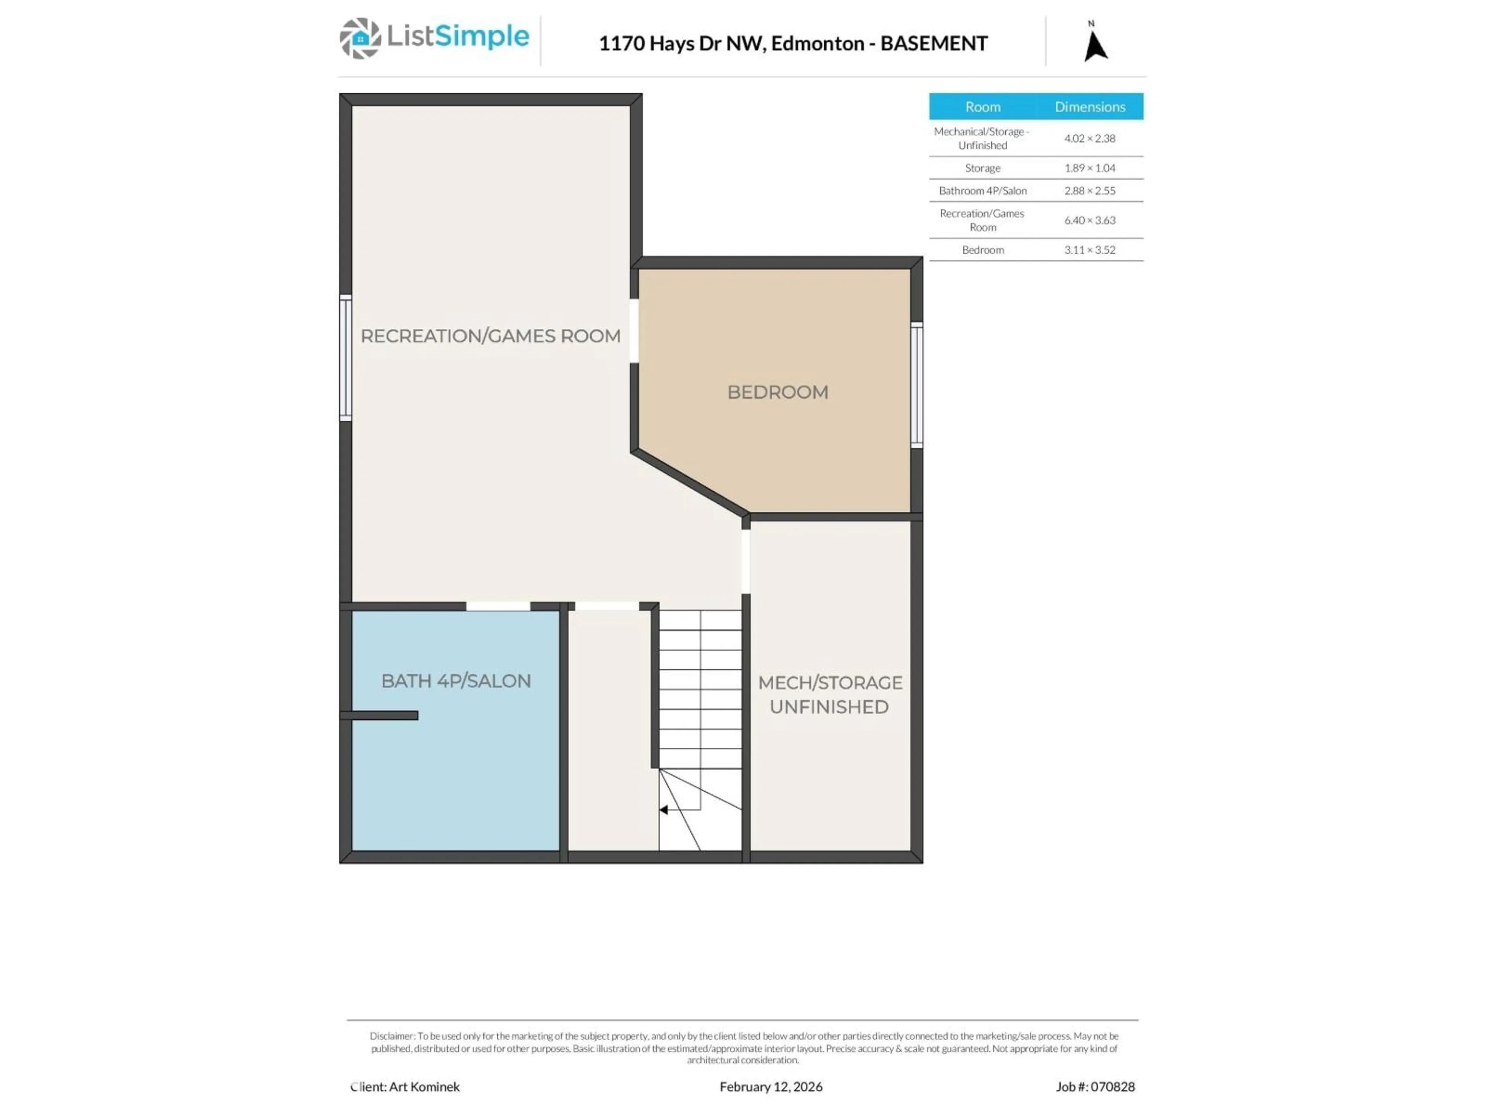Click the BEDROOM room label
(x=777, y=392)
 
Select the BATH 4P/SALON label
(x=455, y=681)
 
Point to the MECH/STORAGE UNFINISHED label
(x=830, y=694)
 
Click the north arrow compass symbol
(x=1095, y=45)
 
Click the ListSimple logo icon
(x=360, y=38)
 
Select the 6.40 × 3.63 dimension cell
(x=1089, y=220)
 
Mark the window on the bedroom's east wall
(x=916, y=384)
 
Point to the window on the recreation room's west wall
(x=345, y=358)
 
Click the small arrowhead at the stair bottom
(x=664, y=810)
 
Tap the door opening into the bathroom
(x=498, y=606)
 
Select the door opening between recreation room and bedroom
(x=633, y=331)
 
